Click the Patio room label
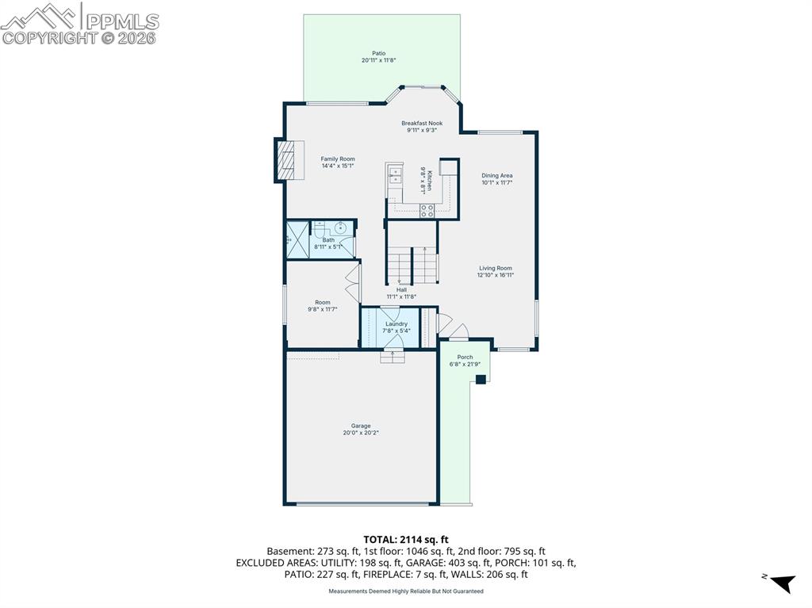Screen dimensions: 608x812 378,53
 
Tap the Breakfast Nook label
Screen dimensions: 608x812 421,123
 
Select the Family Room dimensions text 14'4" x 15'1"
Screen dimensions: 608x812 338,166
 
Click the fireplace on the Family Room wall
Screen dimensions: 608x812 289,160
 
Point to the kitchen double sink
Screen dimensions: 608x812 395,175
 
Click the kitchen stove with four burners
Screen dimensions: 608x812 427,211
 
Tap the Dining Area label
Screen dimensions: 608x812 497,175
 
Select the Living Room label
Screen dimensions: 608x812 496,268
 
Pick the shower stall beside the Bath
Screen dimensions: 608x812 297,239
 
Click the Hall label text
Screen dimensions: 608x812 401,290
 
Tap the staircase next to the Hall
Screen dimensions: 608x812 412,264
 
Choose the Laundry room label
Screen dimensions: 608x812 396,323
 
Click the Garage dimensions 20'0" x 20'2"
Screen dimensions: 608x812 361,433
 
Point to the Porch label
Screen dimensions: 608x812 465,357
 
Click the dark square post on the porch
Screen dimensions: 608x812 481,380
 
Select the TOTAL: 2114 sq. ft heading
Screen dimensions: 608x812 405,540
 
